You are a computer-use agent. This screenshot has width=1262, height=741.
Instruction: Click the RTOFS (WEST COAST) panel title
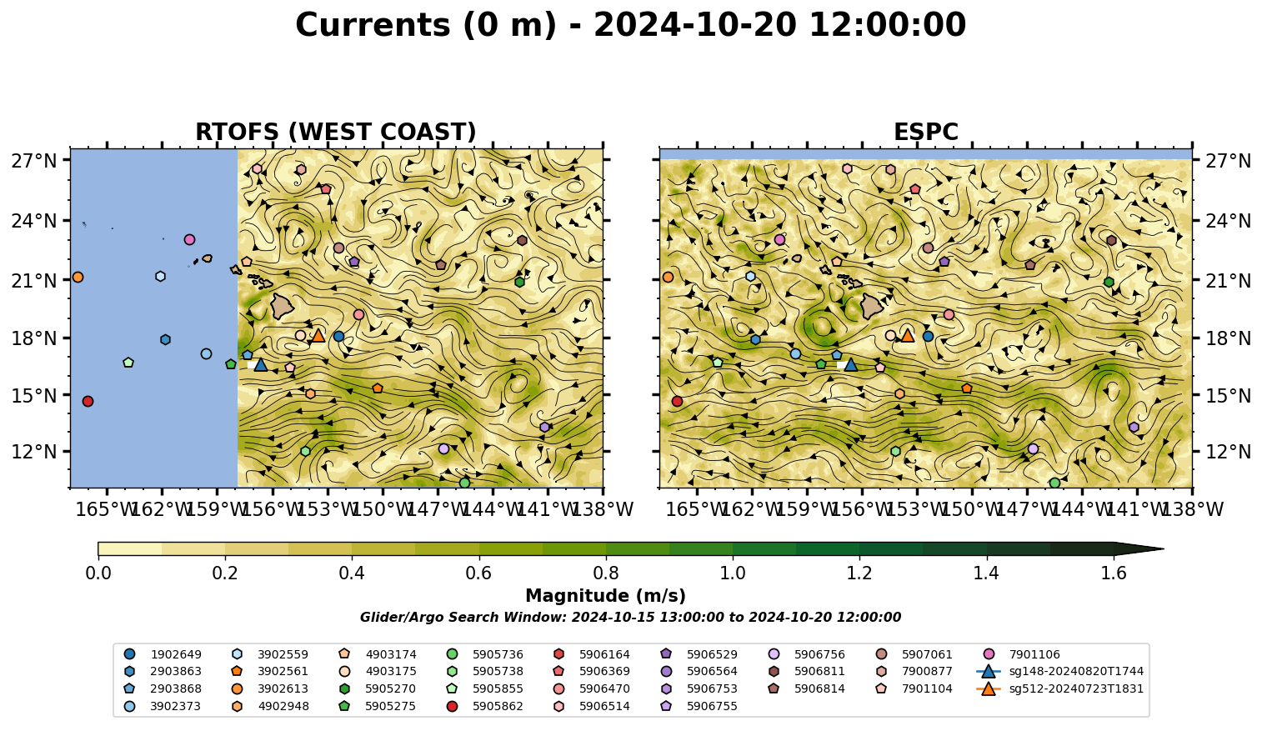tap(336, 132)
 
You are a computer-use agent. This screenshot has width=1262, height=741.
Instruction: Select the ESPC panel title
tap(926, 132)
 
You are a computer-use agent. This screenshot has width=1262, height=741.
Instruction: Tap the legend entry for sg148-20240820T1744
tap(1059, 671)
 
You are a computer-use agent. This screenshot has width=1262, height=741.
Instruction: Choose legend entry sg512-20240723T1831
tap(1059, 688)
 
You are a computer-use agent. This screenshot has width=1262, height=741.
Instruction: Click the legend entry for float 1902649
tap(163, 654)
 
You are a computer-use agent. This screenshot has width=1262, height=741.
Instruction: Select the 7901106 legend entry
tap(1022, 654)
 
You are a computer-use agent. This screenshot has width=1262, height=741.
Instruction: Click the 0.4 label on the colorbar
tap(352, 573)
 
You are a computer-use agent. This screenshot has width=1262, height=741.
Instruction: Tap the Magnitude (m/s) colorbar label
tap(606, 596)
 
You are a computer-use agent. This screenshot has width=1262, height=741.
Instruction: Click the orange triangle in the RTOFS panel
tap(318, 335)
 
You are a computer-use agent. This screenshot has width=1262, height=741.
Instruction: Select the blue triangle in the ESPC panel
tap(851, 364)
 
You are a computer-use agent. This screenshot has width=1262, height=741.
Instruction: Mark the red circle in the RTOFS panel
tap(88, 401)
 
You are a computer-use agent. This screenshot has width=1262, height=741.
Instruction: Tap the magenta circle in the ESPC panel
tap(779, 239)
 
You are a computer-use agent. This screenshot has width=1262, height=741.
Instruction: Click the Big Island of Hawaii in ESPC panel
tap(872, 307)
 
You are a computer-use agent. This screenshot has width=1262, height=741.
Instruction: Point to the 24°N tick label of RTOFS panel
tap(34, 221)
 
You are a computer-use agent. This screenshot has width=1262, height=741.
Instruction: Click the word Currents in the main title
tap(373, 25)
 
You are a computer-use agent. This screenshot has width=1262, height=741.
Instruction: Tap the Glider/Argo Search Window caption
tap(630, 617)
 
